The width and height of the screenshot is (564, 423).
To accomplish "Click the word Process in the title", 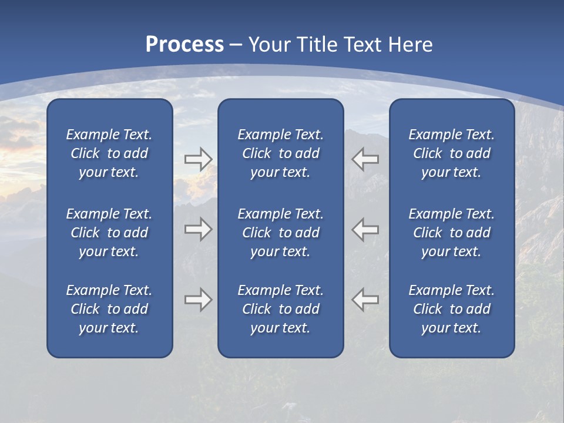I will [x=184, y=45].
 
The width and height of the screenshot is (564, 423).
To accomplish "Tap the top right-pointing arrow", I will [x=198, y=159].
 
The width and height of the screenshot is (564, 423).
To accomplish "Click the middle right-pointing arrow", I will [x=198, y=229].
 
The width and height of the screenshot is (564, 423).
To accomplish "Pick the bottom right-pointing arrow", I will [x=198, y=300].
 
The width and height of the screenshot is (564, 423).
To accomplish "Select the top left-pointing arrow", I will [x=365, y=159].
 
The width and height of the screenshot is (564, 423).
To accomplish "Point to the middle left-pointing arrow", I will [x=365, y=229].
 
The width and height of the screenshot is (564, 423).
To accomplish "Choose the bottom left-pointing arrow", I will [x=365, y=300].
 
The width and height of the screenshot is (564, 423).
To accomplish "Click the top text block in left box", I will [x=109, y=153].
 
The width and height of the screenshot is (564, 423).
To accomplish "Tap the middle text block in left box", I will [x=109, y=233].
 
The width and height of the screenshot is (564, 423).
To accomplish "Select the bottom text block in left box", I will [x=109, y=309].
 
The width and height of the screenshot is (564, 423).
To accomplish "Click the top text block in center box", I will [x=280, y=153].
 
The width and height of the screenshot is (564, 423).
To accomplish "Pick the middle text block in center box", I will [x=280, y=233].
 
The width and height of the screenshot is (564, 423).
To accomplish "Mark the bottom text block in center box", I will [x=280, y=309].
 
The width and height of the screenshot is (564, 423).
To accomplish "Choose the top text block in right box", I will [x=451, y=153].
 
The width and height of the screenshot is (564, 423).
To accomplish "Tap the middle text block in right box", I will [x=451, y=233].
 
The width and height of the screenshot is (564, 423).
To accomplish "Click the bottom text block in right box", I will [x=451, y=309].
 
